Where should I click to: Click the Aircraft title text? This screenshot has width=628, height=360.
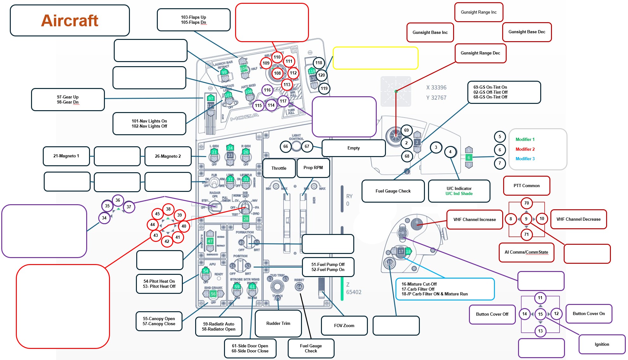(70, 21)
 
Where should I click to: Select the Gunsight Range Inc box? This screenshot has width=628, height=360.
(478, 12)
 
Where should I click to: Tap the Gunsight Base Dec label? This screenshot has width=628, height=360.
(527, 32)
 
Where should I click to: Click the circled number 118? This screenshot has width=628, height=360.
(318, 63)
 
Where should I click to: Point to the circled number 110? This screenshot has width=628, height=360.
(277, 57)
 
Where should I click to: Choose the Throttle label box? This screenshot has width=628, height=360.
(279, 168)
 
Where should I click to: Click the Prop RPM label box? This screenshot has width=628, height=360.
(313, 168)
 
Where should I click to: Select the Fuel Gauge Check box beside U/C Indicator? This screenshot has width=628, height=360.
(393, 191)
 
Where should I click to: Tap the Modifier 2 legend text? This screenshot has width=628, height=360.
(525, 149)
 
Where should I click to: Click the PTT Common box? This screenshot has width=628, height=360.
(526, 186)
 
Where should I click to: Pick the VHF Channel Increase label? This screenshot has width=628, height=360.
(474, 219)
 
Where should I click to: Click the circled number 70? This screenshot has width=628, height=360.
(526, 203)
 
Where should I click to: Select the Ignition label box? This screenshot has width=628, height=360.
(602, 344)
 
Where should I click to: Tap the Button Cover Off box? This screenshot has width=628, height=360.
(492, 314)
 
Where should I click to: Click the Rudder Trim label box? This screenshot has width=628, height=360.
(278, 323)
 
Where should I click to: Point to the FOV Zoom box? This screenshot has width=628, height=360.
(344, 325)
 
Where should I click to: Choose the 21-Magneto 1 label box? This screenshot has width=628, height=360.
(66, 156)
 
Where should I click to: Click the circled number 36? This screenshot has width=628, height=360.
(118, 200)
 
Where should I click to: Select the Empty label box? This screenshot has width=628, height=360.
(353, 148)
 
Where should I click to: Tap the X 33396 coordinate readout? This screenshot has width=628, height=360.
(436, 88)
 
